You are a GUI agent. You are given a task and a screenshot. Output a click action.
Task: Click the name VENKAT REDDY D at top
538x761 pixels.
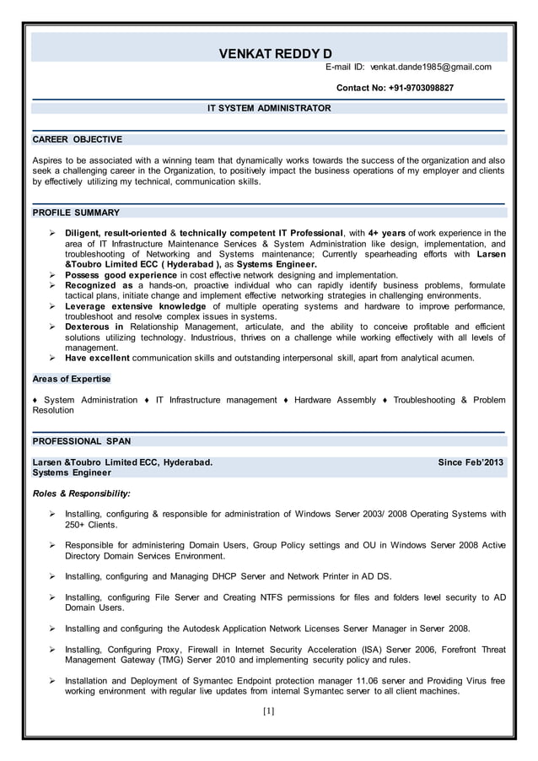(x=275, y=54)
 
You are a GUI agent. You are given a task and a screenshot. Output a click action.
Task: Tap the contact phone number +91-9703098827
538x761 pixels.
(x=395, y=88)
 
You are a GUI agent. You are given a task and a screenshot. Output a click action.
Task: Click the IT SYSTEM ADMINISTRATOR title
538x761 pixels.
(x=269, y=108)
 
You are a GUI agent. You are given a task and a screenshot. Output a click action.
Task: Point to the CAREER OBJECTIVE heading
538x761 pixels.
(x=77, y=139)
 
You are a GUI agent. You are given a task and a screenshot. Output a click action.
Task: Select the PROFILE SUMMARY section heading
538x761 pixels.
(x=76, y=213)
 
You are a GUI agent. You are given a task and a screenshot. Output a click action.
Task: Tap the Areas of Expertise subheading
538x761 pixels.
(x=71, y=379)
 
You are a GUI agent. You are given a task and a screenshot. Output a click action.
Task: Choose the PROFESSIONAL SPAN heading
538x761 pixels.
(x=81, y=441)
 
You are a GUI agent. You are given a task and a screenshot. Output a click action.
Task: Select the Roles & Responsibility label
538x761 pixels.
(x=81, y=494)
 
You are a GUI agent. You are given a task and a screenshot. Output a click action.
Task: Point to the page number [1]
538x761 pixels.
(x=268, y=710)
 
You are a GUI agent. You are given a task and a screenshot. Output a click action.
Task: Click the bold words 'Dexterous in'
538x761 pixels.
(x=94, y=327)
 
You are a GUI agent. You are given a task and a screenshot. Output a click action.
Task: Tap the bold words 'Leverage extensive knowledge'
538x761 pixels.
(x=135, y=306)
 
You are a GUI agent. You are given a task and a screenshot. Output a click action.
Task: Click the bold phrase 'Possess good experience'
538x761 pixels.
(x=121, y=275)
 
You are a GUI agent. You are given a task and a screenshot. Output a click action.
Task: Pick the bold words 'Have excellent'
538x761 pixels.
(x=97, y=358)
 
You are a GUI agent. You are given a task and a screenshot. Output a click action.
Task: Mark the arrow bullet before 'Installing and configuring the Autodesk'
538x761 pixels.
(x=52, y=629)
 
